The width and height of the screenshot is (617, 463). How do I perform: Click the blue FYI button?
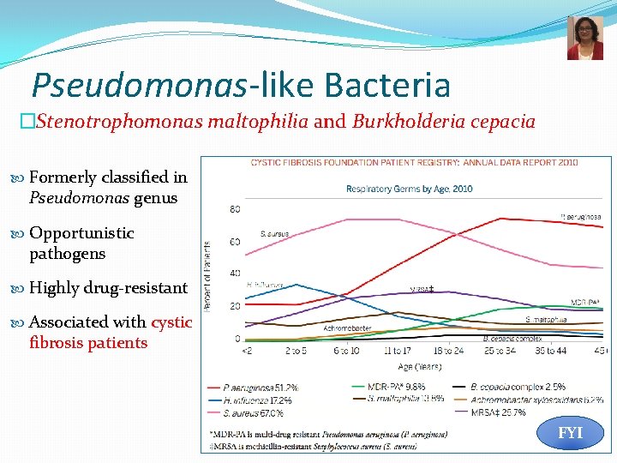tap(570, 433)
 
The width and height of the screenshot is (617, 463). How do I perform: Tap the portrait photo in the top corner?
tap(584, 38)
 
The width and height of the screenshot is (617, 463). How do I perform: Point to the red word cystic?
tap(171, 322)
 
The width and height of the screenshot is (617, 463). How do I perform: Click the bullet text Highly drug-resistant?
tap(108, 287)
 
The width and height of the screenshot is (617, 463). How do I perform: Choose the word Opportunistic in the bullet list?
tap(81, 232)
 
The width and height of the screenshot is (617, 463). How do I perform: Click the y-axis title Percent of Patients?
tap(207, 275)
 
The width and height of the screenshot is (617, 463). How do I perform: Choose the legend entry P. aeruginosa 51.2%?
tap(255, 388)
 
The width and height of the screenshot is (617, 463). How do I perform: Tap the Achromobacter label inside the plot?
tap(347, 328)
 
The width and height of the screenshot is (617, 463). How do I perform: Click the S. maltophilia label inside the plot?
tap(545, 319)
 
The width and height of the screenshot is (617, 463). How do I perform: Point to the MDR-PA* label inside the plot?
tap(585, 302)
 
